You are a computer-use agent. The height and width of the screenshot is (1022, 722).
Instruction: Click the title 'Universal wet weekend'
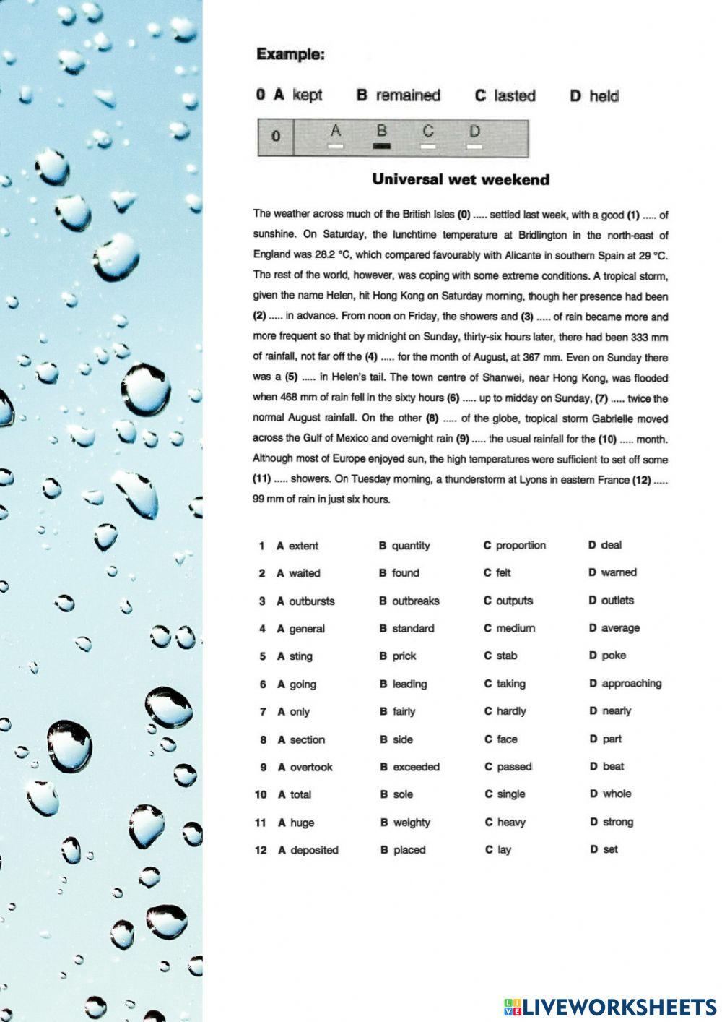(461, 180)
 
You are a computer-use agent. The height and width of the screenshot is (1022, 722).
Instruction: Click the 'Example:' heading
(290, 54)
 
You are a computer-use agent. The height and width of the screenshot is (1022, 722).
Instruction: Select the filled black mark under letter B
(382, 146)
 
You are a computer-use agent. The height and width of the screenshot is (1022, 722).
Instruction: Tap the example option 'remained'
(407, 95)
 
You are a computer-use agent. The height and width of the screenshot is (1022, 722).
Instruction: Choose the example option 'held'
(604, 96)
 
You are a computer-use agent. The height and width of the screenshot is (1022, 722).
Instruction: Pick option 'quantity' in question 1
(410, 546)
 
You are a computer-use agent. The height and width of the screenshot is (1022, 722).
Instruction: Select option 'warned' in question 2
(618, 572)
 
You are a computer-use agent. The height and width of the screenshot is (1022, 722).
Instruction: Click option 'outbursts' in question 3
(311, 601)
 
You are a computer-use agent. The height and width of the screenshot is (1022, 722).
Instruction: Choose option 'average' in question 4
(619, 628)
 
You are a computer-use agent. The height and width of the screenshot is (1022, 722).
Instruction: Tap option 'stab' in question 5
(506, 656)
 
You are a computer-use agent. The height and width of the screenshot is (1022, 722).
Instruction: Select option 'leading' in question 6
(409, 684)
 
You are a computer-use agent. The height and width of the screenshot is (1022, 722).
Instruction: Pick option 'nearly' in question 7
(616, 711)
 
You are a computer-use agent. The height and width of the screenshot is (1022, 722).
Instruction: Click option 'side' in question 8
(403, 739)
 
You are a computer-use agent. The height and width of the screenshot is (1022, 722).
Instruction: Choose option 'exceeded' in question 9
(416, 767)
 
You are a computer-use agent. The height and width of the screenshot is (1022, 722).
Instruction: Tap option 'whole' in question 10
(617, 794)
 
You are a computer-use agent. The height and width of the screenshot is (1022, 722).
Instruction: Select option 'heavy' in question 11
(511, 823)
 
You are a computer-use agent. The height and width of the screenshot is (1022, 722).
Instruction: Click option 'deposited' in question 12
(314, 850)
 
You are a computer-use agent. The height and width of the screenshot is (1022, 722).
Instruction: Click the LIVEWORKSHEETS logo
(610, 1007)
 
